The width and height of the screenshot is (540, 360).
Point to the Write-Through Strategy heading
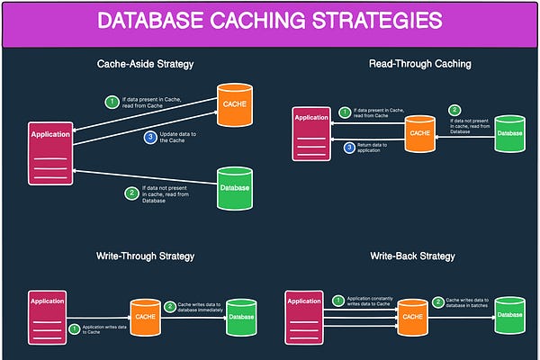(x=145, y=256)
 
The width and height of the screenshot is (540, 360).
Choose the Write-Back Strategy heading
(x=412, y=256)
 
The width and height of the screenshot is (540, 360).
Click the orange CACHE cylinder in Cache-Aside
(x=233, y=103)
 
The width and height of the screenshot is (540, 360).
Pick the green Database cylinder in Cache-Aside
(x=234, y=187)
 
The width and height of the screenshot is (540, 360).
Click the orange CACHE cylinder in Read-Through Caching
(x=419, y=133)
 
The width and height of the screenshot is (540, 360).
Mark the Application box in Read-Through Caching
(x=311, y=133)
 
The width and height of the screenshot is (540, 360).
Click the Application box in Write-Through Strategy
(x=49, y=315)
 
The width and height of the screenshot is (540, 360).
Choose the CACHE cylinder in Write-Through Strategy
(x=146, y=317)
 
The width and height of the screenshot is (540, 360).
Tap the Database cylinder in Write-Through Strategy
(x=241, y=316)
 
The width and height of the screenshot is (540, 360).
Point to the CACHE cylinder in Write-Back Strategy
(x=413, y=317)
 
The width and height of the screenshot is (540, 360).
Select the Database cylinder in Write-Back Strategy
(x=509, y=315)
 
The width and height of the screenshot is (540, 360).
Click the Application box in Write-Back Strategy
(x=304, y=315)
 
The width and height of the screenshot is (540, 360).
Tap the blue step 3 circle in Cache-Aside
(x=151, y=138)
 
